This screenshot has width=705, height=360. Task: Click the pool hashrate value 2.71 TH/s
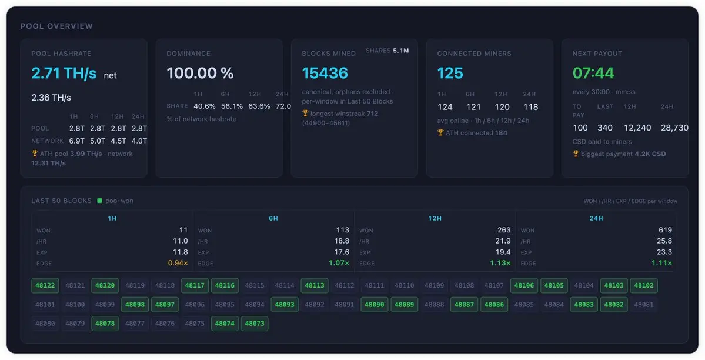(x=64, y=73)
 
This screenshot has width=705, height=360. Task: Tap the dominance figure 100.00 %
(x=200, y=73)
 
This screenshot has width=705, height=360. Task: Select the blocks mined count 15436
(x=325, y=73)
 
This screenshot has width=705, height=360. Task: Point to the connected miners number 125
(x=450, y=73)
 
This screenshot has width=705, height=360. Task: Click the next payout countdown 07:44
(x=593, y=73)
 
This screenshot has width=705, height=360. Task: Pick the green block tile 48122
(x=45, y=285)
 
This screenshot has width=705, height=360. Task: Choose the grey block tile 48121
(x=75, y=285)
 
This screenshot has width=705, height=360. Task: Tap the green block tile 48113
(x=315, y=285)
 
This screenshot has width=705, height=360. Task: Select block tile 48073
(x=255, y=323)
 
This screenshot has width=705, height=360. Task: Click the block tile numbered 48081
(x=644, y=304)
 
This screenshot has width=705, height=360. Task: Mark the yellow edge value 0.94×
(x=178, y=263)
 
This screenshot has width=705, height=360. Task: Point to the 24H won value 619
(x=666, y=230)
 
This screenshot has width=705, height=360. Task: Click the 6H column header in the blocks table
(x=273, y=218)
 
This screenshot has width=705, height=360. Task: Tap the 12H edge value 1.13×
(x=500, y=263)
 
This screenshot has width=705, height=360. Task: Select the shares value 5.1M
(x=400, y=51)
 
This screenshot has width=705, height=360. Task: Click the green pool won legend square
(x=100, y=201)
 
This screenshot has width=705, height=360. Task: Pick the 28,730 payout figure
(x=674, y=128)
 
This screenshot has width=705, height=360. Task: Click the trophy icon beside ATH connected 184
(x=440, y=133)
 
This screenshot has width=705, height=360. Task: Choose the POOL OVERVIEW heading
(x=56, y=26)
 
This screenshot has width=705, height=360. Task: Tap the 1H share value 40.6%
(x=205, y=106)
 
